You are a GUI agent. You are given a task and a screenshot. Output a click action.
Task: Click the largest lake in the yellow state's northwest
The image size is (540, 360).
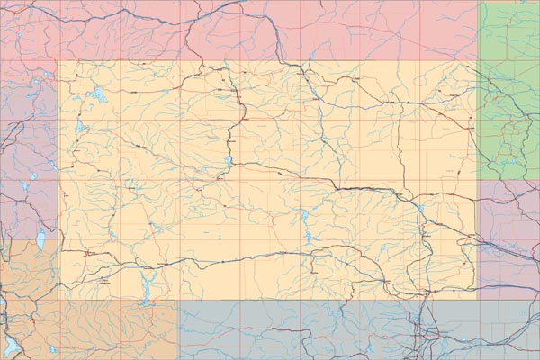pyautogui.click(x=98, y=94)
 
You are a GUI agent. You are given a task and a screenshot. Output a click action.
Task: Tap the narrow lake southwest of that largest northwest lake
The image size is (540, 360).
pyautogui.click(x=79, y=127)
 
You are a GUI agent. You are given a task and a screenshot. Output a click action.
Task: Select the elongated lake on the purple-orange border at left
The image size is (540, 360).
pyautogui.click(x=40, y=240)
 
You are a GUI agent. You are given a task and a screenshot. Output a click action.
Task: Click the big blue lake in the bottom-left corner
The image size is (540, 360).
pyautogui.click(x=13, y=346)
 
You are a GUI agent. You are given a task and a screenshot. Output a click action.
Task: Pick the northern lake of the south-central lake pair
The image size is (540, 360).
pyautogui.click(x=305, y=217)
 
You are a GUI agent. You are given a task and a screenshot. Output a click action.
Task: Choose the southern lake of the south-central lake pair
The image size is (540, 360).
pyautogui.click(x=309, y=238)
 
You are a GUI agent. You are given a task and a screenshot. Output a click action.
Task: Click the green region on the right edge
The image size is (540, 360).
pyautogui.click(x=508, y=90)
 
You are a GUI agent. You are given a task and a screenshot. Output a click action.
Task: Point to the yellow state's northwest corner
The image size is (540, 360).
pyautogui.click(x=58, y=61)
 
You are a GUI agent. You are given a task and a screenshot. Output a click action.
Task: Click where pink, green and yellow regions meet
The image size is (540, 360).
pyautogui.click(x=477, y=61)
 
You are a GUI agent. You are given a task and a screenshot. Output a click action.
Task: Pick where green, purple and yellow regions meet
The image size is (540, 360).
pyautogui.click(x=477, y=180)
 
